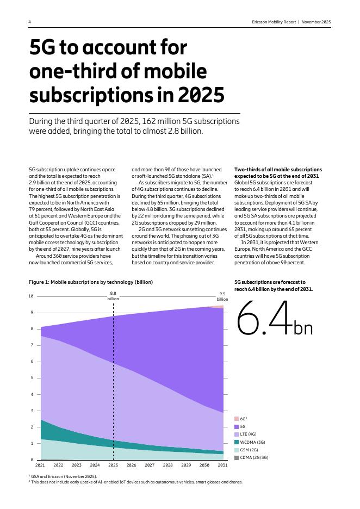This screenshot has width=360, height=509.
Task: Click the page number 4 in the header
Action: coord(29,22)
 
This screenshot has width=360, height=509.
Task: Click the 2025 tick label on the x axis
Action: coord(113,465)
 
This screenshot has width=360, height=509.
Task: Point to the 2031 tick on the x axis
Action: coord(222,465)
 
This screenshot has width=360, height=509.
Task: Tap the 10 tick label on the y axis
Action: coord(31,296)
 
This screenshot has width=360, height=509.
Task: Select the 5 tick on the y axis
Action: coord(32,378)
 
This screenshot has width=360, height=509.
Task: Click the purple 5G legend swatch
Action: coord(237,427)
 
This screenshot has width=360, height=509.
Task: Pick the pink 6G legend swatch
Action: coord(237,419)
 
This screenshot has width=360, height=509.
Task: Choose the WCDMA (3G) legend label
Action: coord(252,442)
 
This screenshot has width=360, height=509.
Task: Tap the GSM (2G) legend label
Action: coord(249,450)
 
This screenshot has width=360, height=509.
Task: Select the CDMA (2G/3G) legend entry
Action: coord(253,458)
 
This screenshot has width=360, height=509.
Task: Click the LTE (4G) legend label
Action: coord(248,434)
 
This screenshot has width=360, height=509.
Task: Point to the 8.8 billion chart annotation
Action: coord(113,296)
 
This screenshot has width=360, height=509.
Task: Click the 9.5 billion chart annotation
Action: coord(222,296)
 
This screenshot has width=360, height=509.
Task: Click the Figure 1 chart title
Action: coord(91,282)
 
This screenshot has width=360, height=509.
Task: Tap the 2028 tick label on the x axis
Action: coord(167,465)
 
